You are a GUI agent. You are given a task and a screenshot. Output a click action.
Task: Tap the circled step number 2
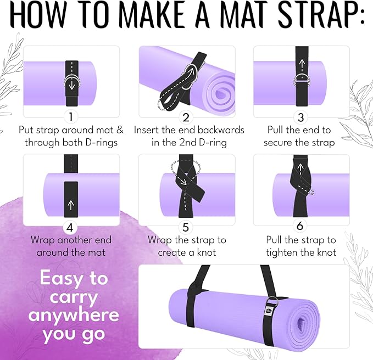click(x=186, y=117)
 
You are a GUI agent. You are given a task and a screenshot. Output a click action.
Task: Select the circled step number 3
click(x=300, y=117)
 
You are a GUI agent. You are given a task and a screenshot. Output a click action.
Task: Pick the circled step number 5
click(x=186, y=227)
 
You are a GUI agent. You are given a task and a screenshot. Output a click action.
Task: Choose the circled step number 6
click(x=300, y=227)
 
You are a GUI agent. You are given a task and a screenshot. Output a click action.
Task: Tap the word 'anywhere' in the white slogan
click(x=73, y=314)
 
